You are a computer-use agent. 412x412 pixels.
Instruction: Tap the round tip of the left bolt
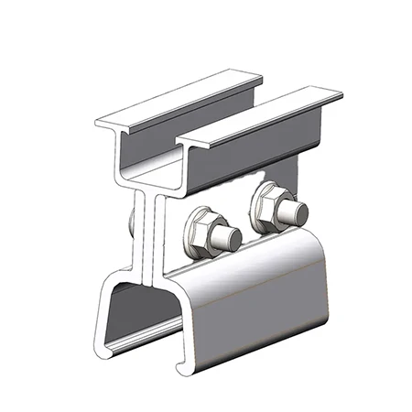click(x=233, y=241)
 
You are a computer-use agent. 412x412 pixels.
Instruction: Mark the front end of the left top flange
click(x=112, y=125)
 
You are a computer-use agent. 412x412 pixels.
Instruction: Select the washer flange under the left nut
click(x=194, y=245)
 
